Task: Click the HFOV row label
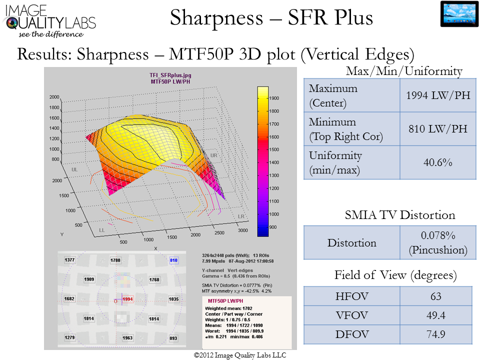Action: [351, 296]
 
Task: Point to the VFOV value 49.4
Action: [436, 315]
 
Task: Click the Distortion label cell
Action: [351, 243]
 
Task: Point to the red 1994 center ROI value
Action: [128, 299]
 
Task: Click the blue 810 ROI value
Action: [174, 260]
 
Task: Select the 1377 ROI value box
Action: [69, 260]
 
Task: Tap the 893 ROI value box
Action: [173, 338]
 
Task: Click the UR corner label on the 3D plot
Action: [213, 155]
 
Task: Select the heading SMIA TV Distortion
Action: [400, 215]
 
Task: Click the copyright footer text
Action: [240, 355]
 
